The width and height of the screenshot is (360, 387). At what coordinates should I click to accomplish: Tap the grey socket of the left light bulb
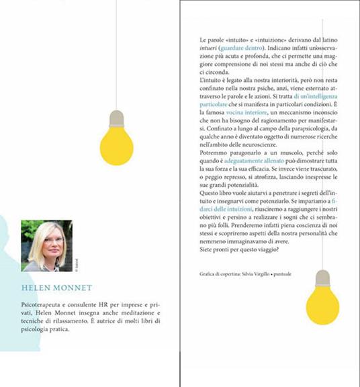click(x=116, y=118)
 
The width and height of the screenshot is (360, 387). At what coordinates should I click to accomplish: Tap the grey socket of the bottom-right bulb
click(x=322, y=277)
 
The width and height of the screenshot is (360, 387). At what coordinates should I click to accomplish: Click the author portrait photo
click(x=46, y=245)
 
